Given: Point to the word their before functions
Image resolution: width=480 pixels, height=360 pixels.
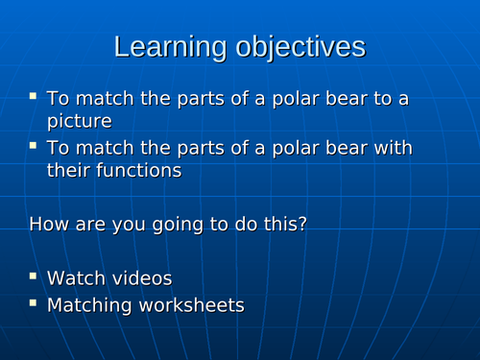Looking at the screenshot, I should (68, 170).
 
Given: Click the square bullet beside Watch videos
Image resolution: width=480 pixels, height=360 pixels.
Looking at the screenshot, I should (34, 276).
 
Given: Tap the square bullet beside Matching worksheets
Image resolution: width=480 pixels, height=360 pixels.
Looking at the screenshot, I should (34, 303).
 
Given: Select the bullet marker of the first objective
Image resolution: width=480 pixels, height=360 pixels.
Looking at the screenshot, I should (34, 96).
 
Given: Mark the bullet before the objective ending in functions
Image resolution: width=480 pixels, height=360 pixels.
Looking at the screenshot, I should (34, 146).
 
